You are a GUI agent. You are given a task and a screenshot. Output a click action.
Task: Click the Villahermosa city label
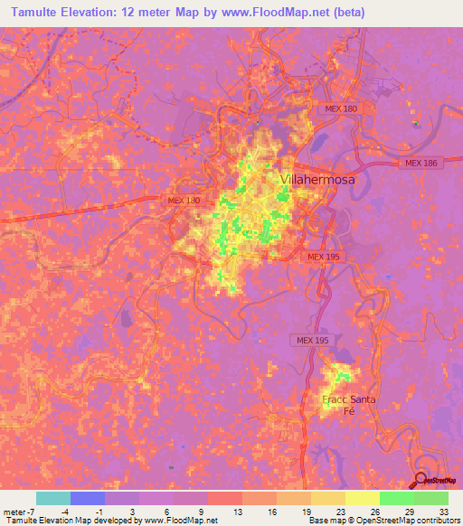pos(317,180)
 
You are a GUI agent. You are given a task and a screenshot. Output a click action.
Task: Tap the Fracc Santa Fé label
pos(348,405)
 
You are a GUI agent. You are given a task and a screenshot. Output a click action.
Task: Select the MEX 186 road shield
pos(421,164)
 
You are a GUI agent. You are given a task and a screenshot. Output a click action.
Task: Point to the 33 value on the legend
pos(443,511)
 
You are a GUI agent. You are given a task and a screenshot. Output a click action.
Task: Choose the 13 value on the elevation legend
pos(238,511)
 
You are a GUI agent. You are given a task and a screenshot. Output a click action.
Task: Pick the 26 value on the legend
pos(374,511)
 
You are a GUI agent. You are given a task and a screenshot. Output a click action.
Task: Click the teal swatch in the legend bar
pos(53,498)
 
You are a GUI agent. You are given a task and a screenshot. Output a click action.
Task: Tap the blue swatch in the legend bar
pos(88,498)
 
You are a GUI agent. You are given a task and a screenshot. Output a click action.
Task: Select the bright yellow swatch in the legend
pos(362,498)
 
